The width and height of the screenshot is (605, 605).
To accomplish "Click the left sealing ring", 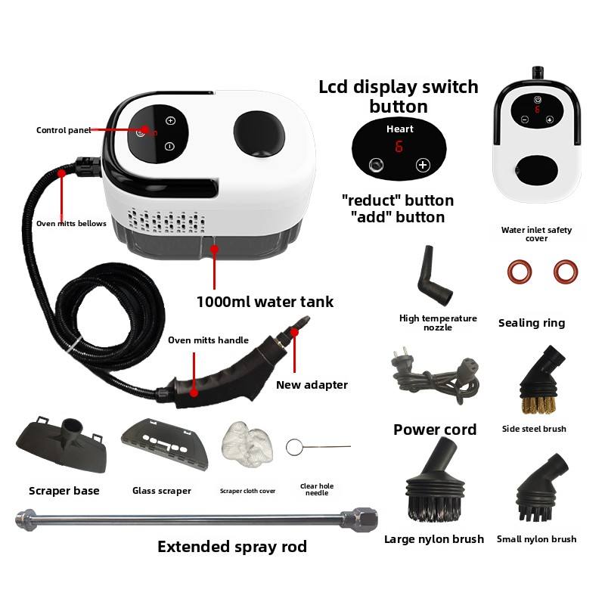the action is [520, 271].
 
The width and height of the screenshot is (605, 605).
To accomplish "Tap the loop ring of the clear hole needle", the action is [294, 447].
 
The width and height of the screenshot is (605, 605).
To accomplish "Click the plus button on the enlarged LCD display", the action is [422, 166].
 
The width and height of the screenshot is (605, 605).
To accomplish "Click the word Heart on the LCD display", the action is [399, 129].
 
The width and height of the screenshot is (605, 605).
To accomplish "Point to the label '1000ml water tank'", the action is [265, 302].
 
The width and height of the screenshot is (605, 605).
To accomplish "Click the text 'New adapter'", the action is [312, 385].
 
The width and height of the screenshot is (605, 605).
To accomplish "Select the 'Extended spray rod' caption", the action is [232, 547].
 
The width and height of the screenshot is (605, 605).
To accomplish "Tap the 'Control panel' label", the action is [64, 130].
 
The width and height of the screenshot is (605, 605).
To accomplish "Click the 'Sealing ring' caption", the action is [532, 323].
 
